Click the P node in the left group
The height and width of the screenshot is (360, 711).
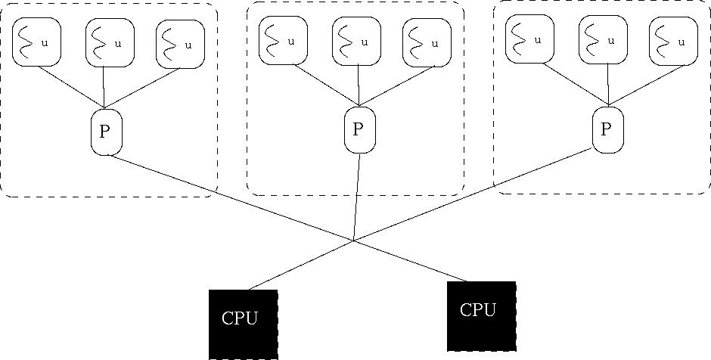click(x=105, y=132)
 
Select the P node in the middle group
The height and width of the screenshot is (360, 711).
click(x=359, y=129)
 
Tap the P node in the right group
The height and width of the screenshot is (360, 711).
click(x=607, y=129)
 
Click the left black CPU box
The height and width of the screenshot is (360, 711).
click(x=244, y=324)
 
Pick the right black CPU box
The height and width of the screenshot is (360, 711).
click(x=481, y=316)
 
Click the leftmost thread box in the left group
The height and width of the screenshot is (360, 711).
click(x=35, y=44)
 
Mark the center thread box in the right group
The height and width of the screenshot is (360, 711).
click(x=604, y=40)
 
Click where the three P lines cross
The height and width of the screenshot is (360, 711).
click(x=354, y=241)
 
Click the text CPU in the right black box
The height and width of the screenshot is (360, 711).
click(x=478, y=309)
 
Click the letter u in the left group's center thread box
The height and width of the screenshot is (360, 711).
click(x=117, y=44)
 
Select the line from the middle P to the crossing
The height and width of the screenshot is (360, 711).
click(x=356, y=197)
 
